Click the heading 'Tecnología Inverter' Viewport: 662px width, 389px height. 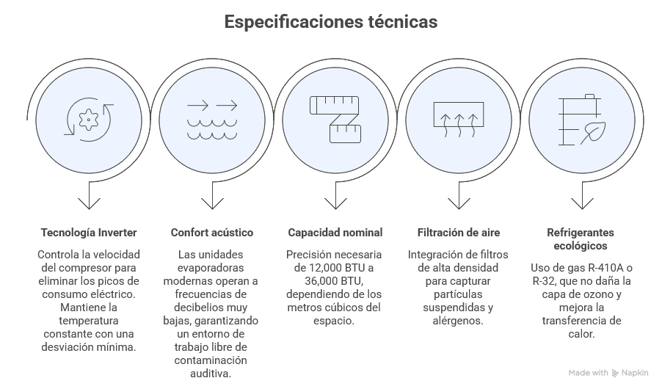89,233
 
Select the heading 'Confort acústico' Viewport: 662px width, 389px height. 212,233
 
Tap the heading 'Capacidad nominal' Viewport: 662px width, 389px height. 335,233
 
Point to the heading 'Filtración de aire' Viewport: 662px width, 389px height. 459,233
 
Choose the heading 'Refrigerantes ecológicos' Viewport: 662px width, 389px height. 582,239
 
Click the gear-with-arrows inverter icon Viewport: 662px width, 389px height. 89,120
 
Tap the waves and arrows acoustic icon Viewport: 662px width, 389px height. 212,120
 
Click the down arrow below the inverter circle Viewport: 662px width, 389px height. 89,197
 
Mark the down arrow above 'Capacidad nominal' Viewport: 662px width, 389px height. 335,197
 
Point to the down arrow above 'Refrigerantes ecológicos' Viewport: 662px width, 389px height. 582,197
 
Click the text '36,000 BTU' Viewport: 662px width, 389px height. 324,281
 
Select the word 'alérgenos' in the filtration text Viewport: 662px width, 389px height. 459,321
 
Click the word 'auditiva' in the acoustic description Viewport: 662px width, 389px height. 212,374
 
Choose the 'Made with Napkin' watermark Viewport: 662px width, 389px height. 608,373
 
